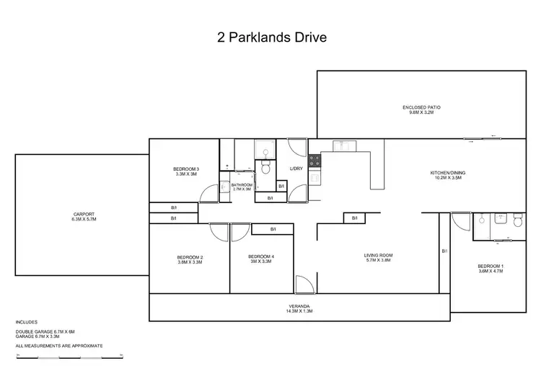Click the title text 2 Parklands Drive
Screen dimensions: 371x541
271,38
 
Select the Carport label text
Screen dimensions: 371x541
84,216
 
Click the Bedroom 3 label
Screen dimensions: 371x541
186,171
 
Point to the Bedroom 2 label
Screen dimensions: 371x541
190,260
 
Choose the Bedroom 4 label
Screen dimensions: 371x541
260,259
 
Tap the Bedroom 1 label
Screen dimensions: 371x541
491,269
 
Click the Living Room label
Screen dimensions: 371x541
378,257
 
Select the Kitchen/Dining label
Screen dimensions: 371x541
448,175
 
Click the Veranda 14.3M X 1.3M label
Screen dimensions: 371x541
298,309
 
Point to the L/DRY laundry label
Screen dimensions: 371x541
296,169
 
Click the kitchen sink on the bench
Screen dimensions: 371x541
341,146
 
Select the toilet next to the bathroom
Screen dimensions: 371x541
265,166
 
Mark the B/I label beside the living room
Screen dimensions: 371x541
354,218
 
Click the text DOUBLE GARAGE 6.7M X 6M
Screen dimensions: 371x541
45,331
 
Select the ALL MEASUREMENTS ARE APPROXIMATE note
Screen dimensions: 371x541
59,346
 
